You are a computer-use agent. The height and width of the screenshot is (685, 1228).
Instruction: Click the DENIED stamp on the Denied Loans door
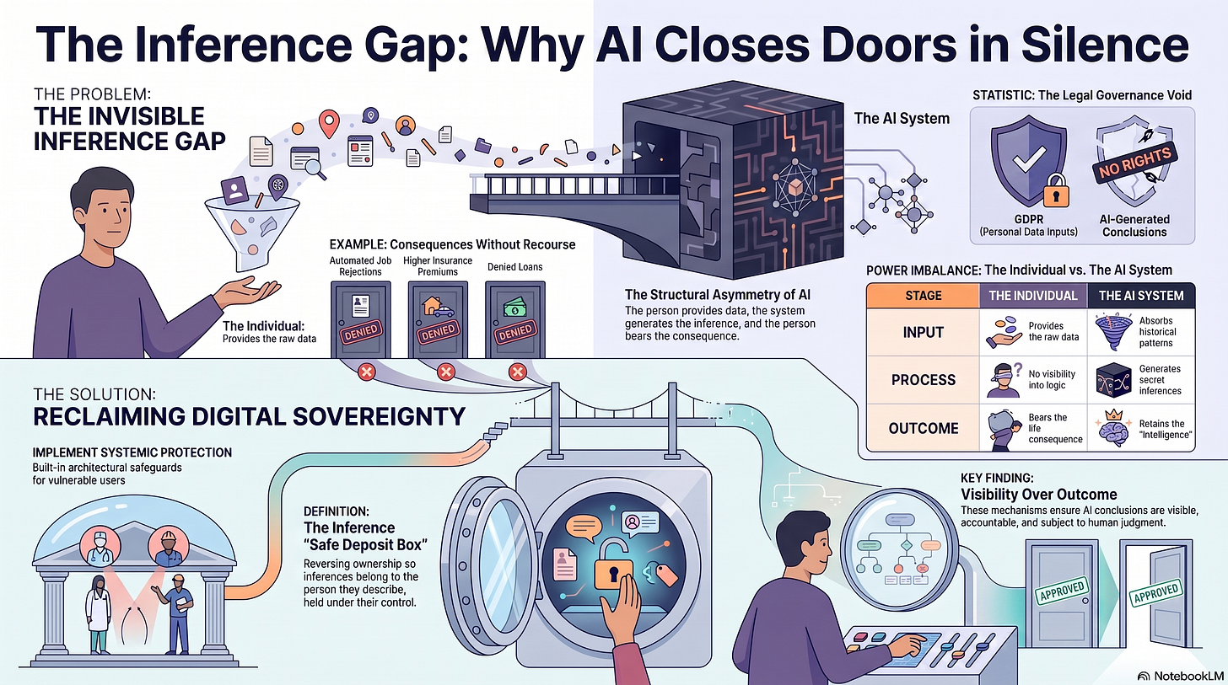coord(515,332)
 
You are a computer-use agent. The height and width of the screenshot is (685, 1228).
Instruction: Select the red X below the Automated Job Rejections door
coord(366,372)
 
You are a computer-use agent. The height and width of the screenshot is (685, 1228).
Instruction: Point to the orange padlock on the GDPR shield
coord(1056,190)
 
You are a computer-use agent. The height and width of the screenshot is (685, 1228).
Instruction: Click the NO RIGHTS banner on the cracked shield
coord(1133,163)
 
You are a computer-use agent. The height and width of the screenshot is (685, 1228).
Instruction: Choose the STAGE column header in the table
coord(924,296)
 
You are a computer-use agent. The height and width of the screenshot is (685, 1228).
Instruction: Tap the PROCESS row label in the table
coord(924,380)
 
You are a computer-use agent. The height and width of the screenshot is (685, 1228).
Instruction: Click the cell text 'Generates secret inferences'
coord(1160,380)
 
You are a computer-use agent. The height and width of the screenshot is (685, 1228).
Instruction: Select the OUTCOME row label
coord(924,428)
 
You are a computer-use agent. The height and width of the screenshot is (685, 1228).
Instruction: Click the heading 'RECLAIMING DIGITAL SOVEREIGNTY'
coord(249,417)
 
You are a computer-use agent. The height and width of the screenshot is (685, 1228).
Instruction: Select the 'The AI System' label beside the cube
coord(902,118)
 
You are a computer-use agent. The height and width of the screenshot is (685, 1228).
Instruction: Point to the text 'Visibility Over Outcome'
coord(1039,495)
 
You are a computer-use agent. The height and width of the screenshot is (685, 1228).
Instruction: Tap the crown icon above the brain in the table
coord(1114,415)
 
